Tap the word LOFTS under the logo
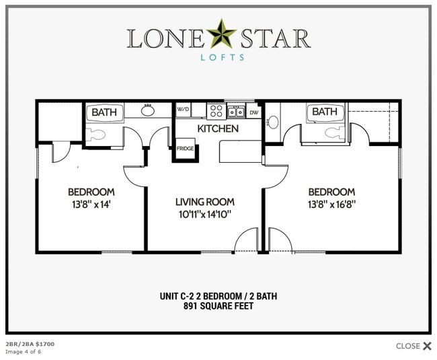[218, 59]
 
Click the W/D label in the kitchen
[182, 109]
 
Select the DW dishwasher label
[253, 112]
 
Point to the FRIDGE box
[185, 149]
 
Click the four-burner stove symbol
[215, 111]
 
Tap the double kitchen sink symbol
[235, 112]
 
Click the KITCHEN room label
[217, 129]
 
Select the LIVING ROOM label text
[204, 201]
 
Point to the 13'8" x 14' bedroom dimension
[91, 205]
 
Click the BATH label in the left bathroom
[104, 112]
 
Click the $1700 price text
[44, 345]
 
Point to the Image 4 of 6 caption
[23, 352]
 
